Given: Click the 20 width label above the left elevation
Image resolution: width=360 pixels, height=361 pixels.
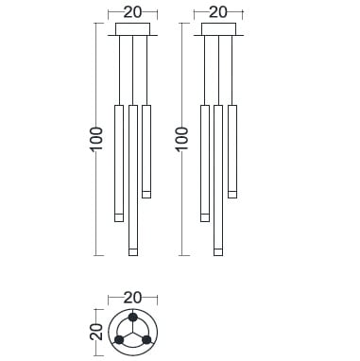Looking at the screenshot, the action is [x=132, y=12].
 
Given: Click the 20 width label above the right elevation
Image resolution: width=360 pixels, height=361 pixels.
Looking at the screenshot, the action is [x=218, y=12].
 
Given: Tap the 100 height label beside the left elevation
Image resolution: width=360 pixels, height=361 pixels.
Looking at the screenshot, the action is [x=96, y=139].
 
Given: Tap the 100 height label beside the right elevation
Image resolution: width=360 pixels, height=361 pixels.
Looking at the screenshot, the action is [x=182, y=139].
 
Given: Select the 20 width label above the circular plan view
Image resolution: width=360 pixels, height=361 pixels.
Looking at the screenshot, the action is [x=132, y=298].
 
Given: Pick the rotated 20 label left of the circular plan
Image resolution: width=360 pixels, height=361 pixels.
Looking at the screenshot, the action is [x=96, y=332].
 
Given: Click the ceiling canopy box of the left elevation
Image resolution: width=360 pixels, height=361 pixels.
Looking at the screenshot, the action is [x=132, y=29].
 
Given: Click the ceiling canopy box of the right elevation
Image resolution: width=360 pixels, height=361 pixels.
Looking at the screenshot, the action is [x=218, y=29].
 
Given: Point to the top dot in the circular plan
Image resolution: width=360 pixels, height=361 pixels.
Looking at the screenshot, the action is [x=133, y=318].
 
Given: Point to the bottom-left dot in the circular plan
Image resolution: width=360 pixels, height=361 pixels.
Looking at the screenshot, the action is [x=119, y=340].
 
